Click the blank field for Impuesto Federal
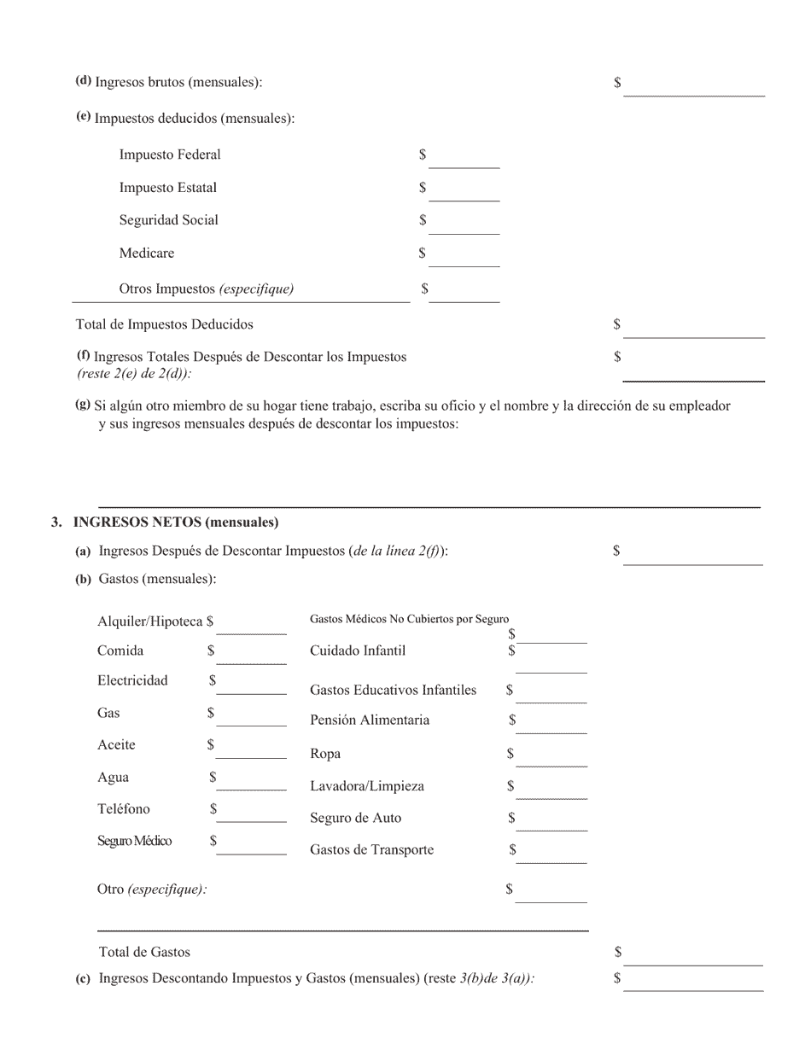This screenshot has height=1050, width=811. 464,159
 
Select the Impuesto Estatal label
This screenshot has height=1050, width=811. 167,188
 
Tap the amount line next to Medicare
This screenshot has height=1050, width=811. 464,257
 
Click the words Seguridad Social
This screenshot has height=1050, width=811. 168,220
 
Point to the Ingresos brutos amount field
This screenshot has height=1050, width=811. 693,86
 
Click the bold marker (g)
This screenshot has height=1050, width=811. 83,405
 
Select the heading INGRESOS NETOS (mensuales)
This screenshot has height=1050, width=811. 176,522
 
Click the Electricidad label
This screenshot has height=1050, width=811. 132,680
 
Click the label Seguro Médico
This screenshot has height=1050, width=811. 134,842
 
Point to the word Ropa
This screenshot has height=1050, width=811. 325,754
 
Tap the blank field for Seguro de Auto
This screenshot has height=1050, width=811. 551,821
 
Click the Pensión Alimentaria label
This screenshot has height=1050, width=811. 370,720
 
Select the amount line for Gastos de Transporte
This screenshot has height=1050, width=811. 551,854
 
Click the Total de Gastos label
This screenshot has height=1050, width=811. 144,952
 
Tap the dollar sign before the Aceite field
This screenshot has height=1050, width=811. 210,745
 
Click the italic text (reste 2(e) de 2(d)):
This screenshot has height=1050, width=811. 134,373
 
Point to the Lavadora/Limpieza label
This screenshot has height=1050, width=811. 367,786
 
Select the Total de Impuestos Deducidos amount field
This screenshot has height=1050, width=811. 693,329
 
